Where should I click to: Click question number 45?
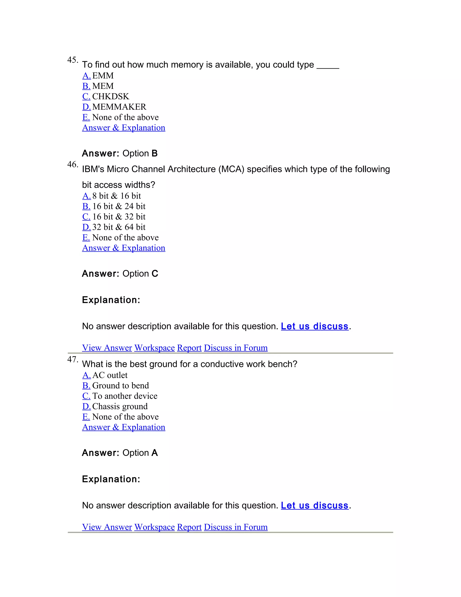tap(72, 60)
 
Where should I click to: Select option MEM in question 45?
tap(103, 86)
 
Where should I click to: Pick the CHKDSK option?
tap(110, 96)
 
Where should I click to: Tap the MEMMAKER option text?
tap(119, 107)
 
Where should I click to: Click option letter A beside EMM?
tap(86, 76)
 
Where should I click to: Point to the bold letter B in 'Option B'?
tap(155, 153)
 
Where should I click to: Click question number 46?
tap(72, 164)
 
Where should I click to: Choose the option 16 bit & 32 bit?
tap(119, 217)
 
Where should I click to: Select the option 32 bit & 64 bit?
tap(119, 227)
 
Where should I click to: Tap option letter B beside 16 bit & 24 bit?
tap(86, 206)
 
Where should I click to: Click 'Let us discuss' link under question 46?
tap(315, 326)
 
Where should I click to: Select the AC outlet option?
tap(110, 375)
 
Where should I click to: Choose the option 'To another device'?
tap(124, 396)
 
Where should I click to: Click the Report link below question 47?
tap(189, 527)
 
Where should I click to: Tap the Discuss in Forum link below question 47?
tap(236, 527)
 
